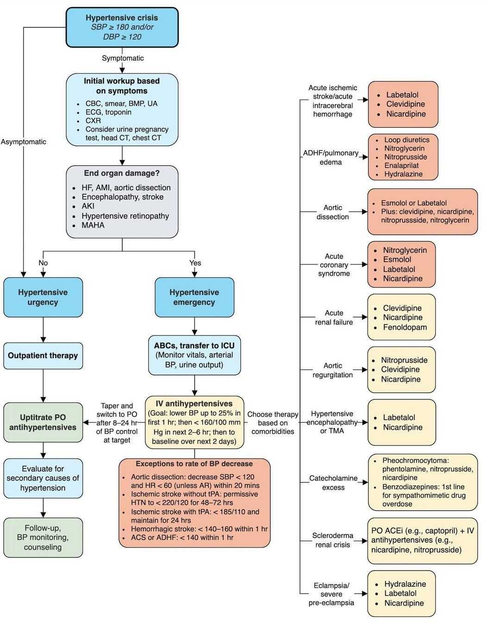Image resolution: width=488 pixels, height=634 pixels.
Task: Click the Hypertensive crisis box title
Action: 122,18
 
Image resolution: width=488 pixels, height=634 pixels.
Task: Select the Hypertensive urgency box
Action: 43,297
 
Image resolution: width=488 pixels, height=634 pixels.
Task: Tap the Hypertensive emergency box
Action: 194,297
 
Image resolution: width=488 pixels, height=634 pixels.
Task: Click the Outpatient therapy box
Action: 43,356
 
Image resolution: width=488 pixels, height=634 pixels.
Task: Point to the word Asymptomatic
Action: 24,142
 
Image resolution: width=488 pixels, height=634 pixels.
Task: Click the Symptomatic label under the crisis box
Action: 123,58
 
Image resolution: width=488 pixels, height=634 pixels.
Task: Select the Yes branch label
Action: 195,263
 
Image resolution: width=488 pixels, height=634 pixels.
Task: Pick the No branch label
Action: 43,263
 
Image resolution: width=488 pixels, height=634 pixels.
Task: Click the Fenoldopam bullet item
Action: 405,327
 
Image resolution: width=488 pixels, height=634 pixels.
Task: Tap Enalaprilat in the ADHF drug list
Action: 401,165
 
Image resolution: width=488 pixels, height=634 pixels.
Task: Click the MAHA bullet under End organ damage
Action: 93,225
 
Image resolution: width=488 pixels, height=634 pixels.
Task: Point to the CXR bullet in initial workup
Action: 93,120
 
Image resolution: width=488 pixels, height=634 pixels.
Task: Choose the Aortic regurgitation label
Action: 333,370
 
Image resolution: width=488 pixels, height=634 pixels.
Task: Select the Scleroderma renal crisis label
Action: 333,540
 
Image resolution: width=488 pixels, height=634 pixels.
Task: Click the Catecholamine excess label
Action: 333,483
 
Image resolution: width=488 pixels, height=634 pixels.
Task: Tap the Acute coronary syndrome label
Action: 334,265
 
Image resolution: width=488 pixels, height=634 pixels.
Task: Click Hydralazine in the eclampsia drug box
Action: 405,584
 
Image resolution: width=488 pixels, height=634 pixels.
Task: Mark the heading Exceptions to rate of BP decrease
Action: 194,464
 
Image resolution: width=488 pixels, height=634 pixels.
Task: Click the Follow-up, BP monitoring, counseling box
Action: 43,537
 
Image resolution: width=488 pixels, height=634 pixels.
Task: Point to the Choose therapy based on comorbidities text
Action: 273,423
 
